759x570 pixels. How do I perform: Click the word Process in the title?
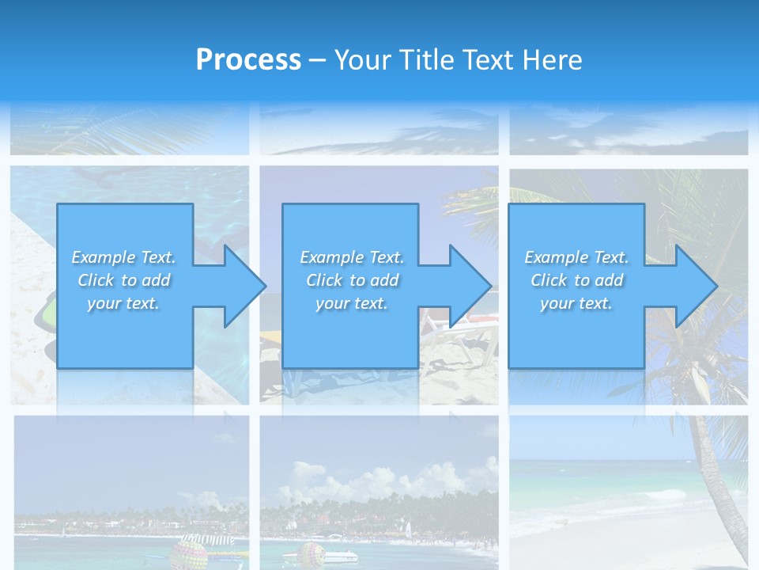coord(248,59)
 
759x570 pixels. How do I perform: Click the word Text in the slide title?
coord(489,59)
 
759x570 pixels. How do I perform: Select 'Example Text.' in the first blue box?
coord(123,257)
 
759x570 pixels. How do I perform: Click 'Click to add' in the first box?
coord(123,280)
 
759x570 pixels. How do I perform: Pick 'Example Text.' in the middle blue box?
coord(351,257)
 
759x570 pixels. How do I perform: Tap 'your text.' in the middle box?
coord(351,303)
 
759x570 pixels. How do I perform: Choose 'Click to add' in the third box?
coord(576,280)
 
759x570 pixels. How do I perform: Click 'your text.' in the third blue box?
coord(576,303)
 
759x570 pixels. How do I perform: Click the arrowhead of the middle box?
coord(470,285)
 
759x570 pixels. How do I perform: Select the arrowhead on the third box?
coord(696,285)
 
